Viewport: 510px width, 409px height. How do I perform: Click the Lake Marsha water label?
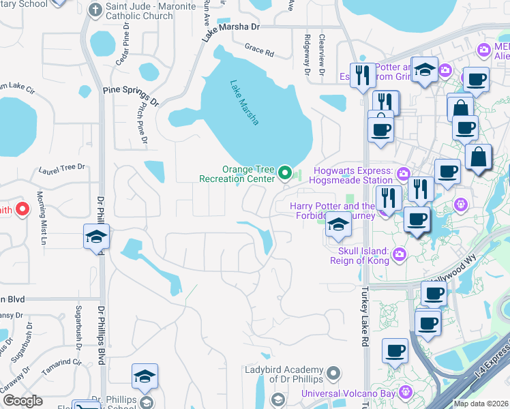coord(244,103)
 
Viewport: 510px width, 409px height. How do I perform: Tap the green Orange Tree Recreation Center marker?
coord(286,174)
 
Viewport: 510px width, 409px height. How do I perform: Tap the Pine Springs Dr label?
coord(130,96)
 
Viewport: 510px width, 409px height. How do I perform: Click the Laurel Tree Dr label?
coord(62,166)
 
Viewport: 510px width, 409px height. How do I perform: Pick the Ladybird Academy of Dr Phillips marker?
coord(333,373)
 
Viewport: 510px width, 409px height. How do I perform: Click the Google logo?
coord(22,401)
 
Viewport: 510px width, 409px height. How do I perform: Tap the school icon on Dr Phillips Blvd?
coord(96,236)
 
